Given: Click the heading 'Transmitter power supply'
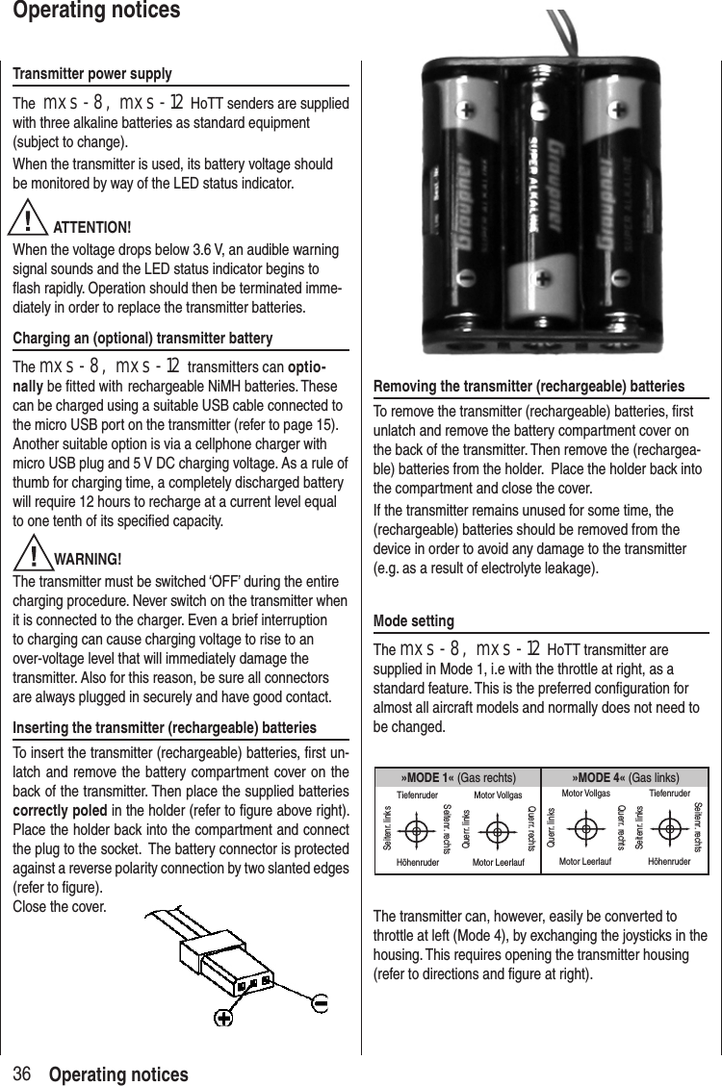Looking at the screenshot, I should click(x=92, y=74).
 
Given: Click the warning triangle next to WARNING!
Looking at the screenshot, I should click(x=36, y=556).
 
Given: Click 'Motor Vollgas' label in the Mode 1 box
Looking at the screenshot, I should click(x=498, y=796).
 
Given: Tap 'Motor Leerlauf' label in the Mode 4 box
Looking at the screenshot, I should click(x=585, y=862).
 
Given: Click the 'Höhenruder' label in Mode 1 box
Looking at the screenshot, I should click(x=417, y=863).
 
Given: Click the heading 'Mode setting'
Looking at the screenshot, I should click(x=413, y=621).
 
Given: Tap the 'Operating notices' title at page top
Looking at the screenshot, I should click(x=90, y=12).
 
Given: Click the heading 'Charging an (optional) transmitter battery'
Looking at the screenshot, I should click(x=142, y=339).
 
